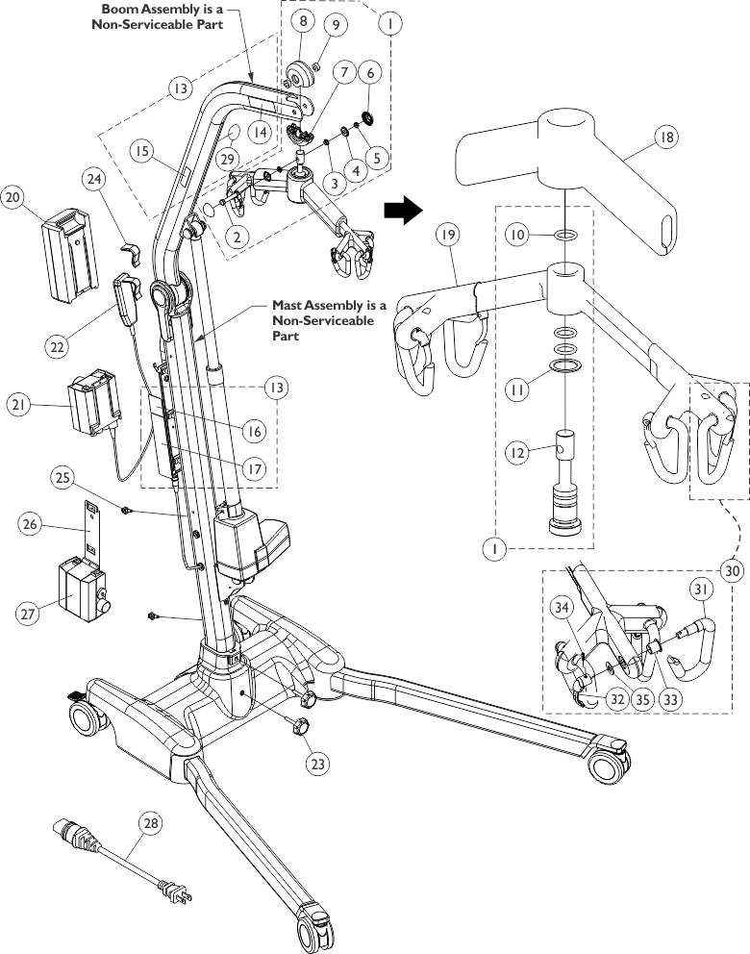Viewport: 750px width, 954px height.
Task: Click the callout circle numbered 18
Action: coord(666,137)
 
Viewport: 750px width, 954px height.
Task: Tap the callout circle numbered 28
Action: coord(151,823)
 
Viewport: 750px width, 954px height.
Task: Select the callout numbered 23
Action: coord(317,764)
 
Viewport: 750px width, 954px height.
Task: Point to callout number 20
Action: coord(12,196)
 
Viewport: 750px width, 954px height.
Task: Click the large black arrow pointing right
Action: coord(403,211)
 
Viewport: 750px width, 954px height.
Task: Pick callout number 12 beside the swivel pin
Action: coord(517,453)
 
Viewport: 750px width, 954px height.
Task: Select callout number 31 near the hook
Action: coord(701,589)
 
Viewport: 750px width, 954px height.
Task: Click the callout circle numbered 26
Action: coord(30,524)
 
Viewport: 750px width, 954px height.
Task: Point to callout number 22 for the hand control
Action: coord(57,347)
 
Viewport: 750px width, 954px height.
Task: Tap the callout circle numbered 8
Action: coord(303,21)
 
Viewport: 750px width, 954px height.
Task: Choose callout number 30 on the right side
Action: coord(733,570)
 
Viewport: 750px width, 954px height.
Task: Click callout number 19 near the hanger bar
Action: coord(448,235)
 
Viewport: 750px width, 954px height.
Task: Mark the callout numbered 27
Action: coord(29,614)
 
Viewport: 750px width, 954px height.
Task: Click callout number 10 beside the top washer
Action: coord(517,235)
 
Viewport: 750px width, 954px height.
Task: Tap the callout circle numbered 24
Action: coord(94,179)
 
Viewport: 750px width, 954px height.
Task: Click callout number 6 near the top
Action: coord(370,72)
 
